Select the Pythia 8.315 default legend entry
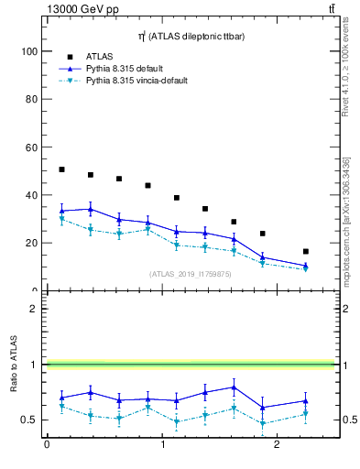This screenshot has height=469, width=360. [130, 69]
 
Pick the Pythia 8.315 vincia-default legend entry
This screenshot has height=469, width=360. [136, 81]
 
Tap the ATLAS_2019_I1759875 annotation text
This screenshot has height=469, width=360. [191, 273]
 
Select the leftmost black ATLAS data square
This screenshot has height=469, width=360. [61, 169]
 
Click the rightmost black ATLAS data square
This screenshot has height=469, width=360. [306, 251]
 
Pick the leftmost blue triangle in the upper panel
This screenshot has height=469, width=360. [61, 211]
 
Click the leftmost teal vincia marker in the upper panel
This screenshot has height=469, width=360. [61, 219]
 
